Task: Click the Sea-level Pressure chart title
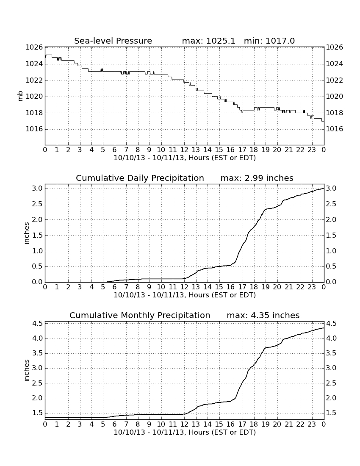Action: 113,41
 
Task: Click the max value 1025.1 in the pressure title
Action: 220,41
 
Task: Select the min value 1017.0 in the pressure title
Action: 280,41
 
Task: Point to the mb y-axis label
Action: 20,96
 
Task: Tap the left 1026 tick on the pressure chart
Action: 34,47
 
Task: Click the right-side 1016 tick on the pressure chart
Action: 335,129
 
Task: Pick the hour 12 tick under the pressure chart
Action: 184,150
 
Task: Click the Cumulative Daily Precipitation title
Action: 140,178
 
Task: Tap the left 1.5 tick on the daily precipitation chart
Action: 37,236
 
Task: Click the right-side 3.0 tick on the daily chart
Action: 331,189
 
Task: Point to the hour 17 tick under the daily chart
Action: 242,287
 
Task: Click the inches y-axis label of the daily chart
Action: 27,233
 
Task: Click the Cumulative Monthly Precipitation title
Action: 140,315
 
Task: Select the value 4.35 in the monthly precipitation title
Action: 260,315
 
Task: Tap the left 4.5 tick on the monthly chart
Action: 37,324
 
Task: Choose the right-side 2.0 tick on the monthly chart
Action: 331,398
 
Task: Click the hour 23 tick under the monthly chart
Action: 312,424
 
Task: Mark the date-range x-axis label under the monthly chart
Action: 185,432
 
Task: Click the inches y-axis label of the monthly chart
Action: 27,371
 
